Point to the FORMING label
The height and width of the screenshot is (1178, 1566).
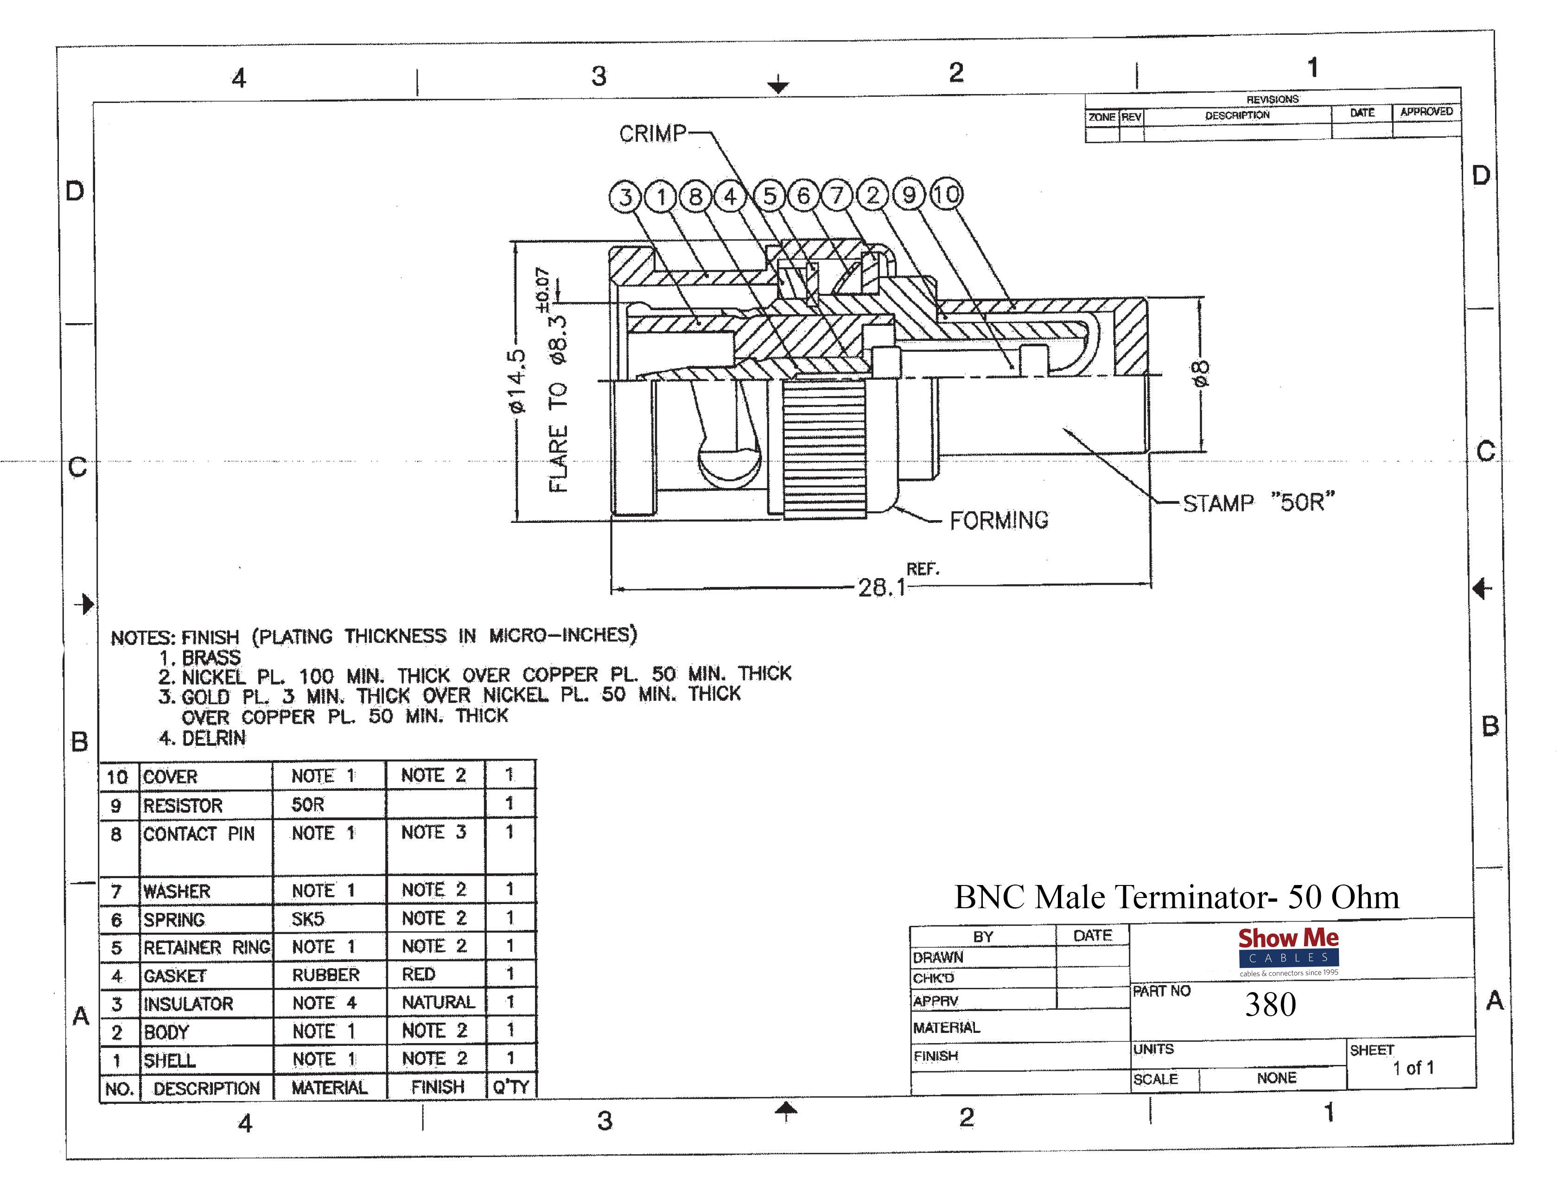pos(999,520)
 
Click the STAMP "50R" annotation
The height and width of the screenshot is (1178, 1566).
pos(1259,503)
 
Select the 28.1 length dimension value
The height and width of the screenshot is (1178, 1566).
pos(881,587)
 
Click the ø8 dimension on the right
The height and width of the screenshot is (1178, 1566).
pos(1201,373)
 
